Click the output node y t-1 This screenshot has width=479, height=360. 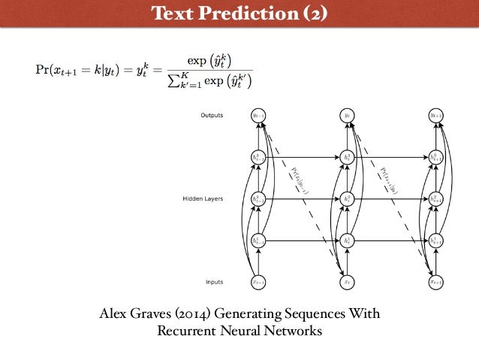click(x=258, y=116)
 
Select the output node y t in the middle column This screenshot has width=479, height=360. click(x=347, y=116)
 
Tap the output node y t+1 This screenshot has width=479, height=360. click(x=435, y=116)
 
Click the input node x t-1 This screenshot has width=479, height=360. click(x=258, y=283)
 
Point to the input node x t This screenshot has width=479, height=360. click(x=347, y=283)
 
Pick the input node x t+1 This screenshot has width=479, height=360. click(x=435, y=283)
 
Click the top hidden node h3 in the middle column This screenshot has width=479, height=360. click(x=347, y=158)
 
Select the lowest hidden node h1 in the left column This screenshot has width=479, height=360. click(x=258, y=241)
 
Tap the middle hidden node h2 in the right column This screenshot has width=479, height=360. click(x=435, y=199)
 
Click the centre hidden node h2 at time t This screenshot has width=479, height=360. click(x=347, y=199)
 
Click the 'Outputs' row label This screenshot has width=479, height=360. click(x=211, y=115)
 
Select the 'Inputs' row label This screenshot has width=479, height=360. click(x=213, y=283)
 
